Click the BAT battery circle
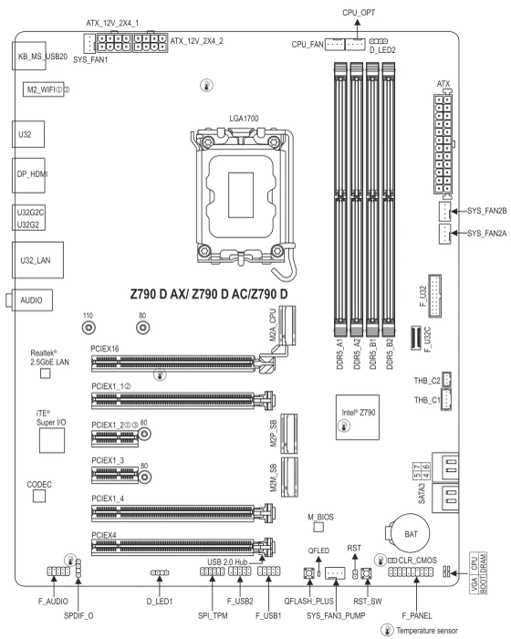(x=411, y=533)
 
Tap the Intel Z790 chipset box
(x=358, y=417)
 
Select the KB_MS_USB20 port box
(x=28, y=56)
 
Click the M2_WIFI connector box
(x=43, y=89)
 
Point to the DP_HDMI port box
(x=28, y=175)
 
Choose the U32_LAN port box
(x=38, y=260)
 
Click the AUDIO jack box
(x=32, y=300)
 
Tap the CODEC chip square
(x=39, y=496)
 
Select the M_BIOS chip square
(x=318, y=527)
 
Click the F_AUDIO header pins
(x=58, y=571)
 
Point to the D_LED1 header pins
(x=160, y=572)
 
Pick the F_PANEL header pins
(x=411, y=571)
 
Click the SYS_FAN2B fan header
(x=444, y=211)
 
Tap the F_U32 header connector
(x=434, y=297)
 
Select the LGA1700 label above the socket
(x=244, y=119)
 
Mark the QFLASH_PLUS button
(x=309, y=573)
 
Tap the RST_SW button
(x=367, y=573)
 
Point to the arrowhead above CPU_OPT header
(x=358, y=23)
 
